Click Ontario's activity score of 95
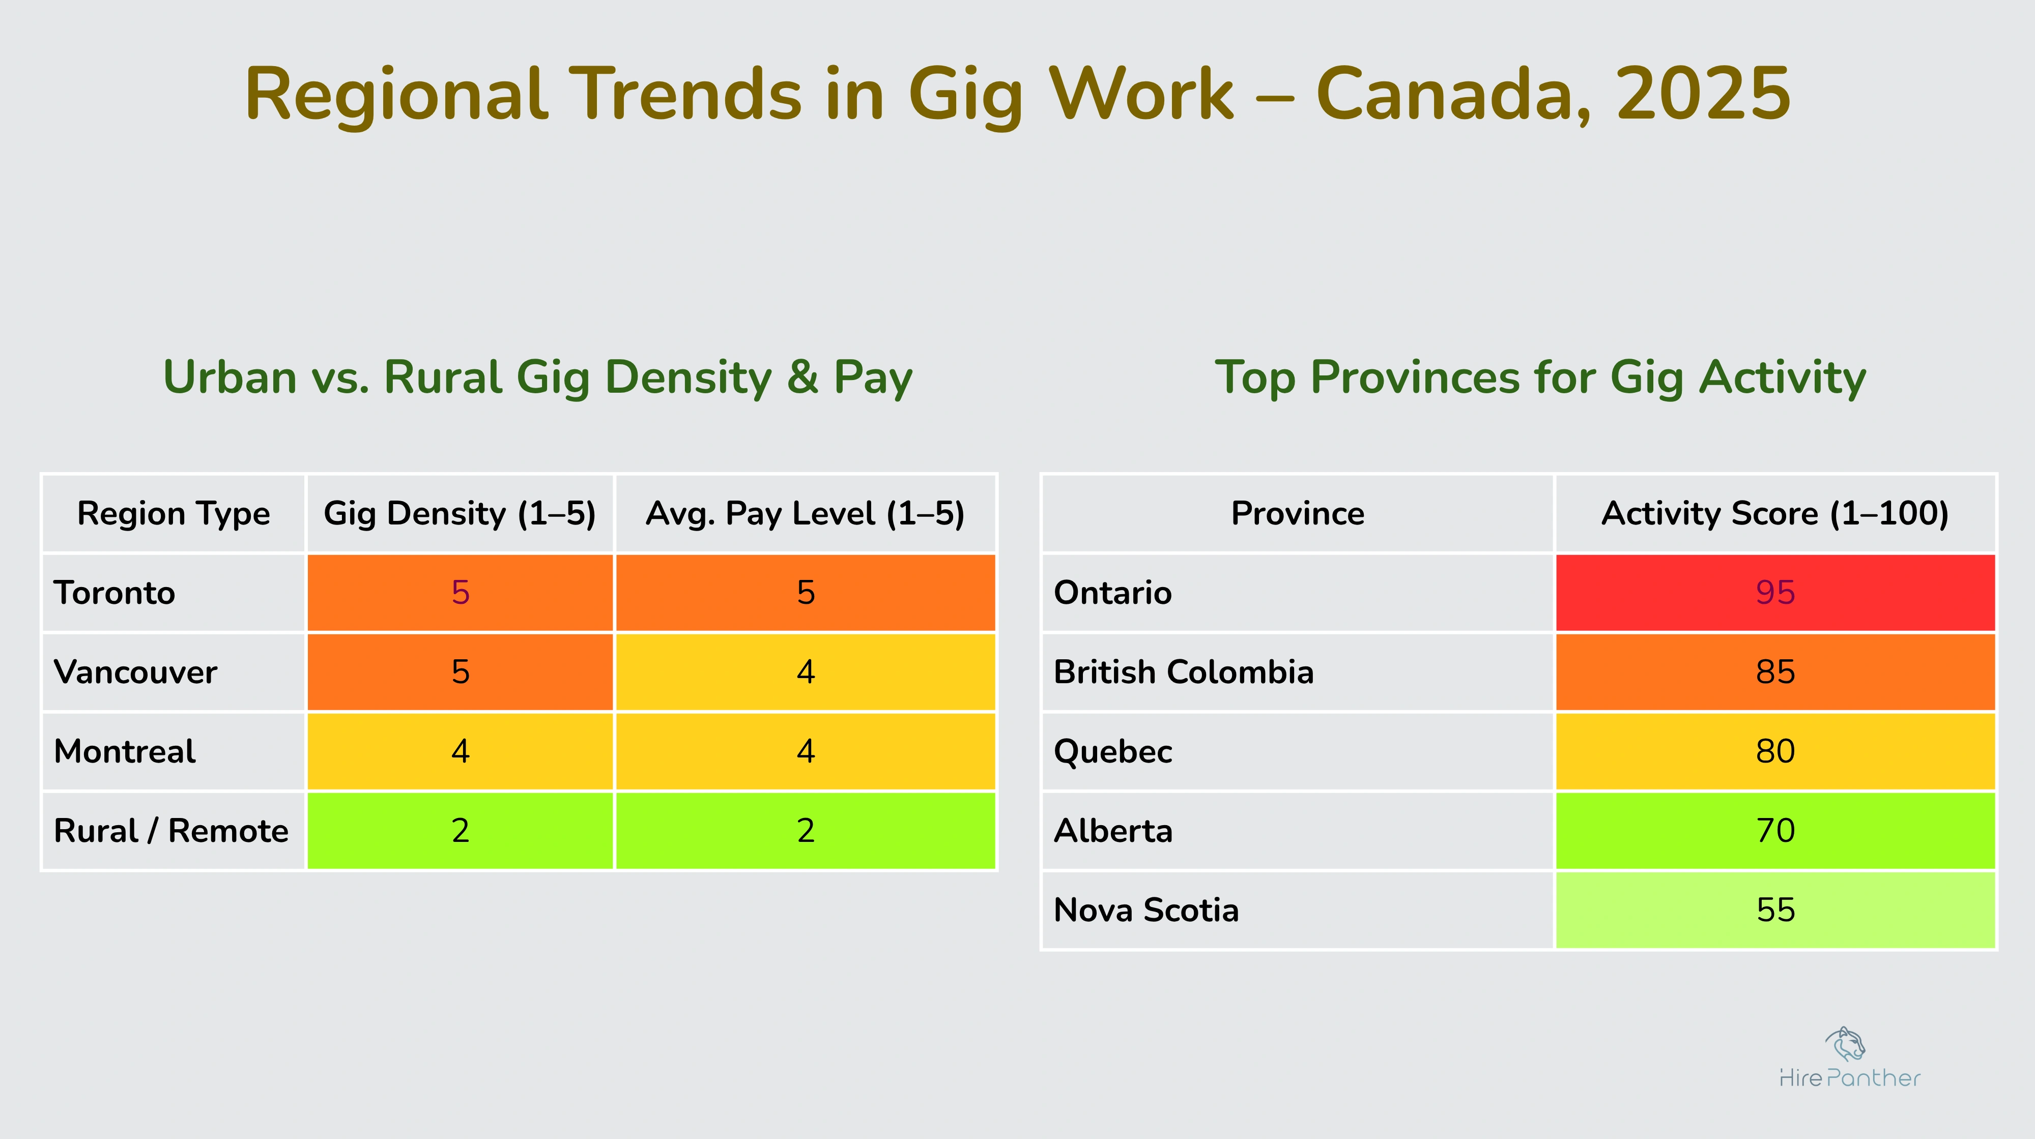(1775, 593)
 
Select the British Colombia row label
(1184, 672)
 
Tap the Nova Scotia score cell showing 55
(1775, 910)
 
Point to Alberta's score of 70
(1775, 831)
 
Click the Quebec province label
(1112, 751)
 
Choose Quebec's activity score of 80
(1775, 751)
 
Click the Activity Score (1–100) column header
(1775, 513)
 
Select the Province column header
(1297, 513)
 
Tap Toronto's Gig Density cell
(460, 593)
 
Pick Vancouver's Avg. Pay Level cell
(805, 672)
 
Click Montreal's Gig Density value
(460, 751)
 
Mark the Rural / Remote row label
(170, 831)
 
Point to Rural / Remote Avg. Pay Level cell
(805, 831)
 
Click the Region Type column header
(173, 513)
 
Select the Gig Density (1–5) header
(460, 513)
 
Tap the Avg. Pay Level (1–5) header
(805, 513)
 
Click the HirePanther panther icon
(1845, 1044)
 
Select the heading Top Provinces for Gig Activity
(1540, 377)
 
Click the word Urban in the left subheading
(229, 377)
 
